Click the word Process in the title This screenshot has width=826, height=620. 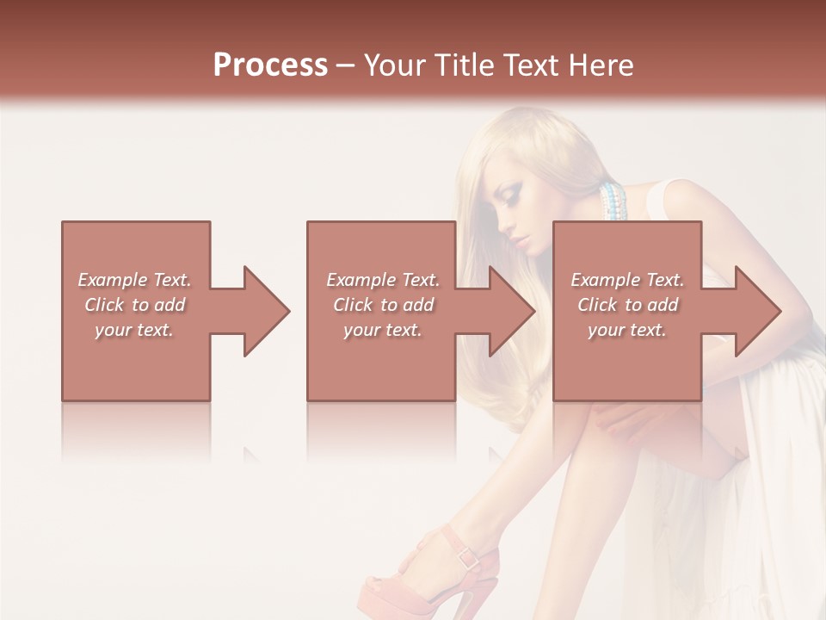pos(270,65)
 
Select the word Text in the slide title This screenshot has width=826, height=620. pos(532,65)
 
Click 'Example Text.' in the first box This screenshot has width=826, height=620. pos(134,280)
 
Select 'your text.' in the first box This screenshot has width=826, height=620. pos(134,330)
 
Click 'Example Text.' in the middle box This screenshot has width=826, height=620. pos(383,280)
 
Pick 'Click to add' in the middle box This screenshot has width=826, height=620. pos(383,305)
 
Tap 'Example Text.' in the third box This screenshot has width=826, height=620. pos(627,280)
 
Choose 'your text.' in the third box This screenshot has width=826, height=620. pos(627,330)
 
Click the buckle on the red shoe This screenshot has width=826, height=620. pos(469,557)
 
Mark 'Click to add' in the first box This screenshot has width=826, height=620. pos(134,305)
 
